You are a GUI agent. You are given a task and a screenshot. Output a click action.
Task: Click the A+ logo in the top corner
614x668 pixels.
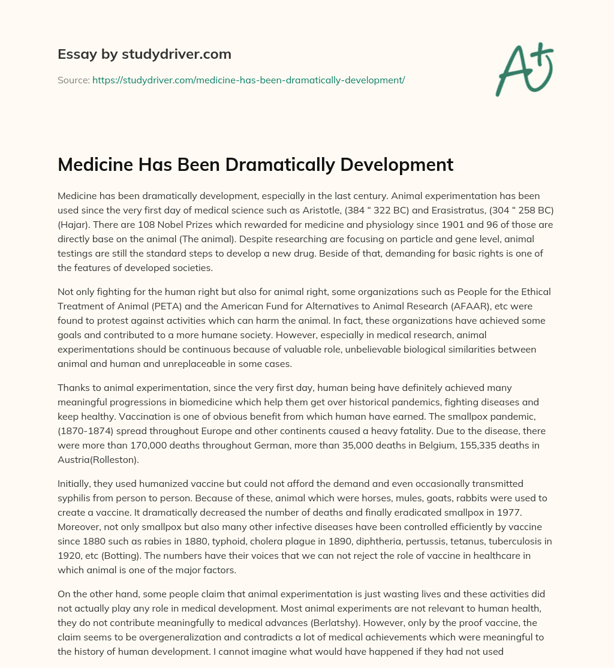[x=523, y=69]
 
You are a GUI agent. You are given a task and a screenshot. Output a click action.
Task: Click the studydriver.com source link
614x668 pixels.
[x=248, y=80]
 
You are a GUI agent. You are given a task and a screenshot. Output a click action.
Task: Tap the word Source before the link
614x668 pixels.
[x=73, y=80]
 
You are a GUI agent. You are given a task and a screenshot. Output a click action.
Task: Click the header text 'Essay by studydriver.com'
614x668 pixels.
[x=145, y=54]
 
